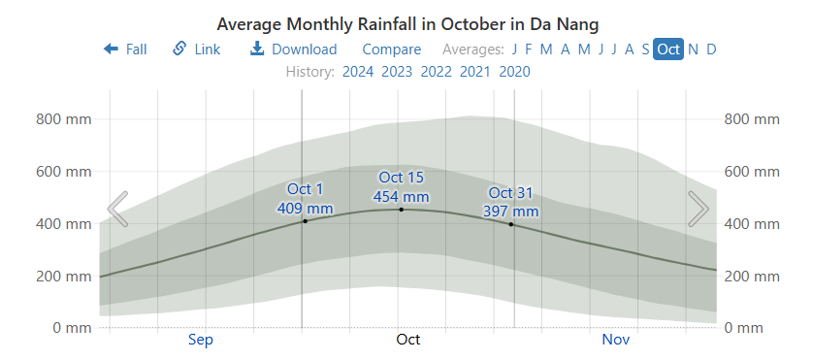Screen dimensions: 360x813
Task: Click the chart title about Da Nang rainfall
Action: (x=406, y=23)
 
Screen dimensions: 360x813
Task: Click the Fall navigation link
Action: (x=125, y=49)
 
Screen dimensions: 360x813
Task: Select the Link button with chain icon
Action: (x=197, y=49)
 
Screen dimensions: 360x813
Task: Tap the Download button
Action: (x=293, y=49)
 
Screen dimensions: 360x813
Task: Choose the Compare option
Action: (x=391, y=49)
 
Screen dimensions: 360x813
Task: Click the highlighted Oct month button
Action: (x=668, y=49)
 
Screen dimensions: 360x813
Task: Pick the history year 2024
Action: (x=358, y=71)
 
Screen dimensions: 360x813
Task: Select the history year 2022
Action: (x=436, y=71)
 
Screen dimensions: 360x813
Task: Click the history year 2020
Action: (x=514, y=71)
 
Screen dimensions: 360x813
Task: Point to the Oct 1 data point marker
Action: (x=305, y=221)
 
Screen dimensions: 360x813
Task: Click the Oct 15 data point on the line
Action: (x=401, y=210)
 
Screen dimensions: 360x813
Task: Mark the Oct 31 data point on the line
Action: (x=511, y=224)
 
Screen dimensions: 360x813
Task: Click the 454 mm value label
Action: (x=401, y=196)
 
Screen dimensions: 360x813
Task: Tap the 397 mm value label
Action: (x=511, y=211)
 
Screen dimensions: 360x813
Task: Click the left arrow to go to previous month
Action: (x=117, y=209)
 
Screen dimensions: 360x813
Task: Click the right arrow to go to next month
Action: (x=698, y=209)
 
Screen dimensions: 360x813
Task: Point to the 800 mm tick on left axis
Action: (x=63, y=119)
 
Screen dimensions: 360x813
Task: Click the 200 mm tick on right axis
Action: (x=752, y=277)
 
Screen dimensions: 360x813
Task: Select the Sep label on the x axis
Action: (x=201, y=340)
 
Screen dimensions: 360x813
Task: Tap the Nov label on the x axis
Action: (x=616, y=340)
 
